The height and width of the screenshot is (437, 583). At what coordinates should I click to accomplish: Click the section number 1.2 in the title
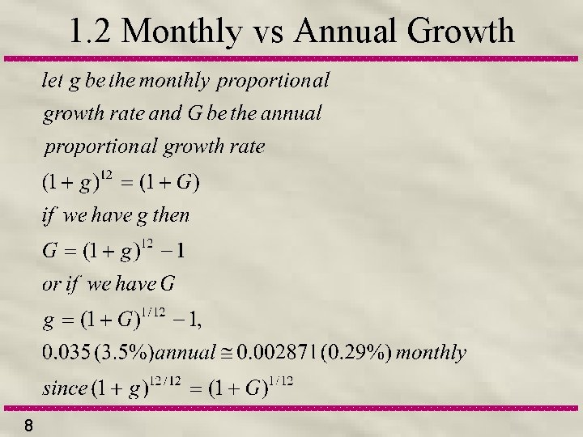(92, 32)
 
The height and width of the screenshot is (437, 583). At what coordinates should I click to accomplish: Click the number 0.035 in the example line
(63, 353)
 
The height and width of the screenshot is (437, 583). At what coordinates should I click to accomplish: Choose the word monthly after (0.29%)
(432, 353)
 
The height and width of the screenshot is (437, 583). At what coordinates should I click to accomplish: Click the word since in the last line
(64, 388)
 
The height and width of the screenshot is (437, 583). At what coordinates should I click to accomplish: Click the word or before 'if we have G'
(50, 284)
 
